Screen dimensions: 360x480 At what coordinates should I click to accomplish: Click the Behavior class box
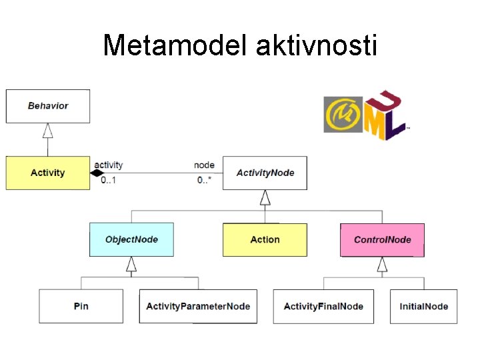pos(48,106)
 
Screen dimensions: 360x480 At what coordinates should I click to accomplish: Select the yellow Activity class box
pos(48,173)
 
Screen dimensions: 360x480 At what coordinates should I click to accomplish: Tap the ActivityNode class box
pos(265,173)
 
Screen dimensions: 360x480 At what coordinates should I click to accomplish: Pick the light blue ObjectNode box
pos(131,239)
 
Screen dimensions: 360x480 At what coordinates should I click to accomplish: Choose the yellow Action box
pos(265,239)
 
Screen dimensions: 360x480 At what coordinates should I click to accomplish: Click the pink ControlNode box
pos(382,239)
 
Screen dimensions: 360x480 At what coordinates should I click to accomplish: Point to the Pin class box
pos(81,306)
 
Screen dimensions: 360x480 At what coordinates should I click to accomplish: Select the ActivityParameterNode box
pos(198,306)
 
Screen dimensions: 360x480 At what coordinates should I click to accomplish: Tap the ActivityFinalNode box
pos(323,306)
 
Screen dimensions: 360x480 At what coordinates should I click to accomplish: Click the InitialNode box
pos(423,306)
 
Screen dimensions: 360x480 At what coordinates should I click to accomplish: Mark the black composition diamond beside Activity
pos(97,173)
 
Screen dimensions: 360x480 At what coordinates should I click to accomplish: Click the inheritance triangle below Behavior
pos(48,131)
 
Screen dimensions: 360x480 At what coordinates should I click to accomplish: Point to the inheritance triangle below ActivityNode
pos(265,197)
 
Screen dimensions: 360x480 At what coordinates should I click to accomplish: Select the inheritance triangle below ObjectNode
pos(131,265)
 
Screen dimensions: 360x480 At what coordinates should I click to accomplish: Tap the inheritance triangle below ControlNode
pos(382,265)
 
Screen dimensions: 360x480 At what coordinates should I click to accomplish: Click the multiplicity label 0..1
pos(108,181)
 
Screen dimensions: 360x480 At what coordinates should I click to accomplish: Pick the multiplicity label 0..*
pos(204,181)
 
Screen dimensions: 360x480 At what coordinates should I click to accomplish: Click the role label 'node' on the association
pos(204,165)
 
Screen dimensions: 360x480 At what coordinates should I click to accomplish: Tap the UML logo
pos(365,115)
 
